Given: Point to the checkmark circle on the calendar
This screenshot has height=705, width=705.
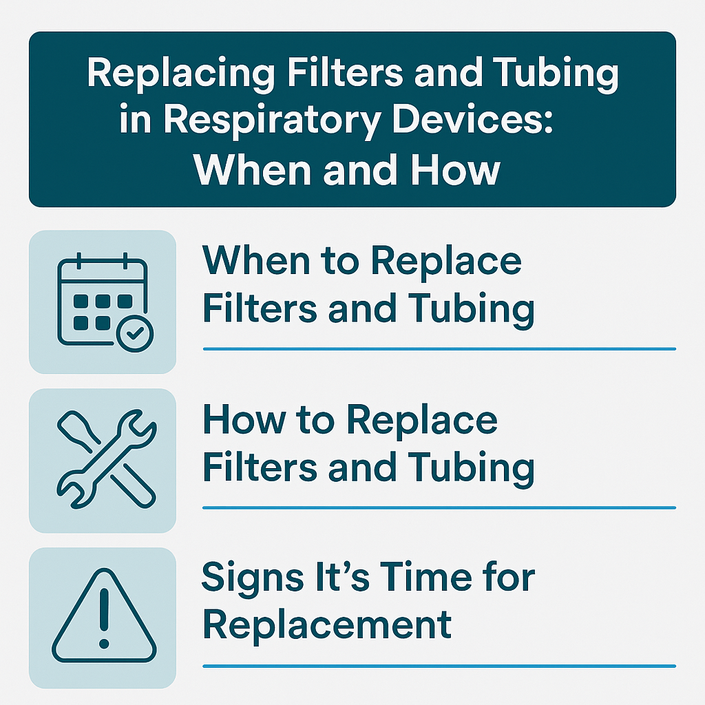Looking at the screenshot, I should (135, 334).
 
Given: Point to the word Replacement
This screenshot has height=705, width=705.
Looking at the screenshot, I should (328, 624).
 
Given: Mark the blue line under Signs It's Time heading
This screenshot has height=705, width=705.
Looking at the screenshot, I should (439, 666).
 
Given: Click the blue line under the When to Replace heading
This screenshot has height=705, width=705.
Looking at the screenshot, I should (439, 349).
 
